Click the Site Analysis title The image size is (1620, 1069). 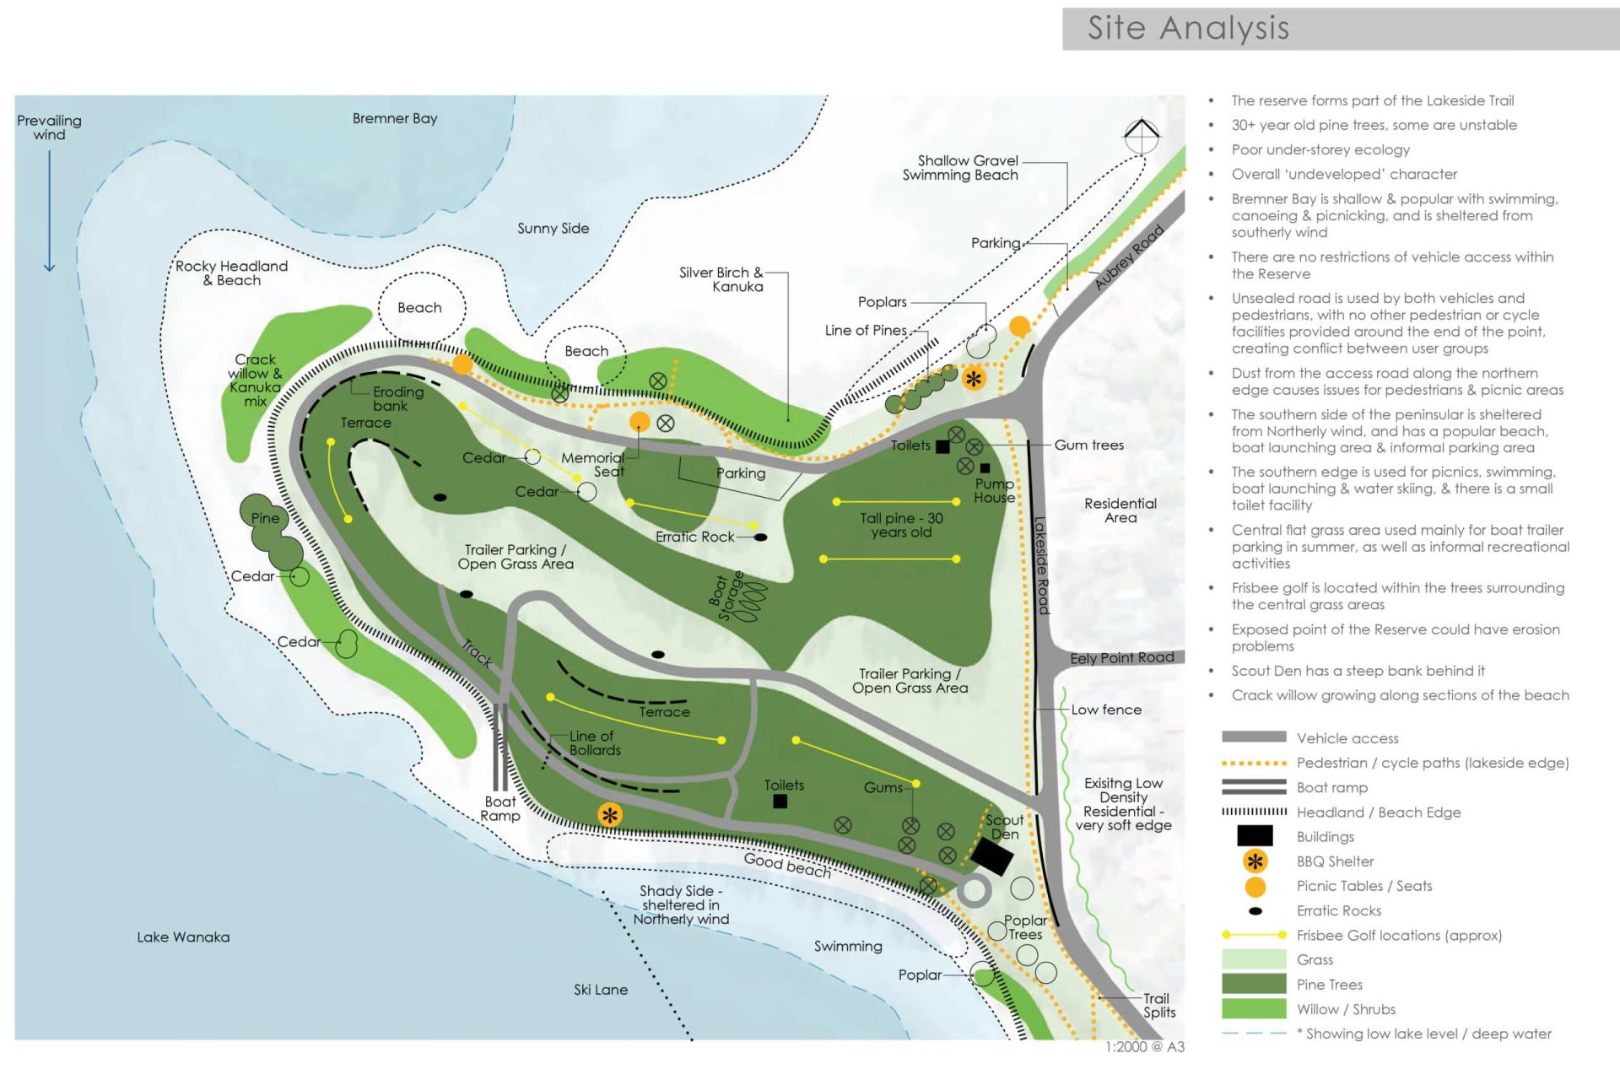1188,29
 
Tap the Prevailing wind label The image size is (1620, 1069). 49,127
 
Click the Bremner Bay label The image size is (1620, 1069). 395,119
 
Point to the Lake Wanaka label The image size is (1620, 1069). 183,937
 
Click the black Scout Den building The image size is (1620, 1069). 991,857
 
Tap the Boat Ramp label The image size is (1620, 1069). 500,808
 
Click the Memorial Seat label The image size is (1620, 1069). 593,464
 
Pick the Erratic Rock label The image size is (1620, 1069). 694,537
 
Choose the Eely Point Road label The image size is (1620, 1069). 1121,658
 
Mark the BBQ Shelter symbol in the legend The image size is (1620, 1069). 1255,861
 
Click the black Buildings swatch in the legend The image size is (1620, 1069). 1254,836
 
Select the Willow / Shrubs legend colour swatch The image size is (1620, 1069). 1254,1009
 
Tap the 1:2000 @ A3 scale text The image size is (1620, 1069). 1145,1047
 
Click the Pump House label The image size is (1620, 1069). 994,491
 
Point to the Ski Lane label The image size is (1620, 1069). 601,990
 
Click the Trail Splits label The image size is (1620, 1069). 1158,1006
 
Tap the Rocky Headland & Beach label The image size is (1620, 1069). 231,273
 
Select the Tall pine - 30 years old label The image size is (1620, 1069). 901,525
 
